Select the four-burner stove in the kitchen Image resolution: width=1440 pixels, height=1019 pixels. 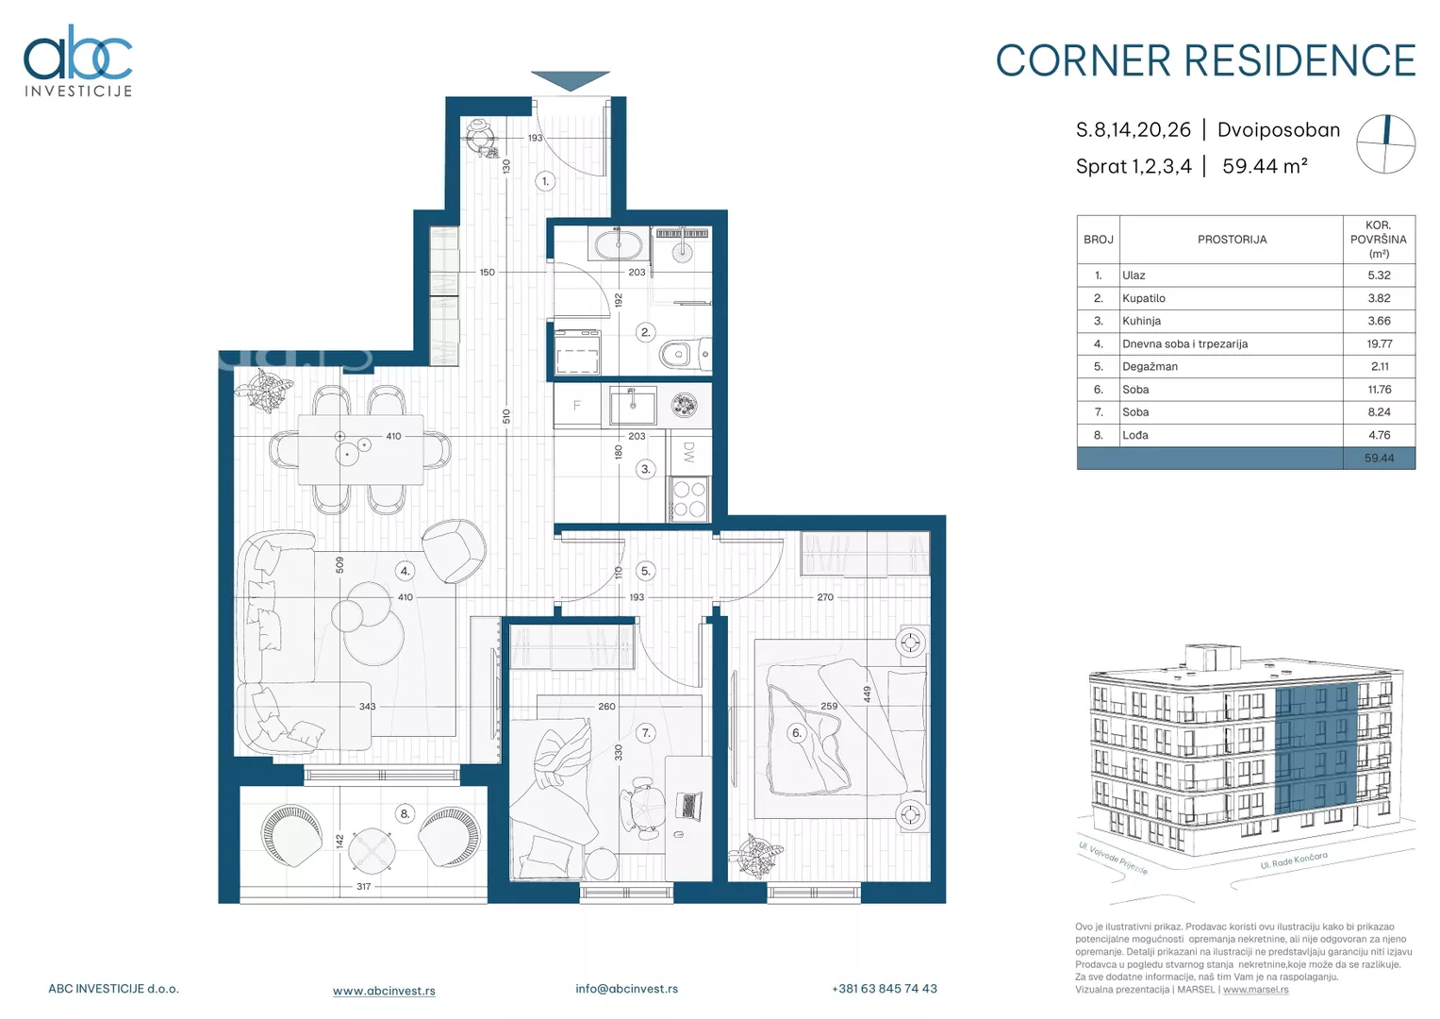(x=688, y=499)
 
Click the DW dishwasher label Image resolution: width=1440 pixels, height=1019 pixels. (x=689, y=452)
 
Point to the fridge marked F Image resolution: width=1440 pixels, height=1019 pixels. (x=577, y=406)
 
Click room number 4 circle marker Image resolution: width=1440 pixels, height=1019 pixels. (x=405, y=571)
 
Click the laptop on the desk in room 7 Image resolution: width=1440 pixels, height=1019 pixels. (x=688, y=806)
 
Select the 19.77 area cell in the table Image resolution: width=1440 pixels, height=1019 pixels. (x=1379, y=343)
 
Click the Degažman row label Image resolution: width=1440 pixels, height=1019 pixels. (x=1150, y=367)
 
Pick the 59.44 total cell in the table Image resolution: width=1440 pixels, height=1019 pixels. (x=1379, y=458)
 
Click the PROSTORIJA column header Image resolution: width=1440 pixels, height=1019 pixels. (x=1232, y=240)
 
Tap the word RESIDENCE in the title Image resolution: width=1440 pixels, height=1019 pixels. (x=1299, y=61)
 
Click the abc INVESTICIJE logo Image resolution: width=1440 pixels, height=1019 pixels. (x=78, y=60)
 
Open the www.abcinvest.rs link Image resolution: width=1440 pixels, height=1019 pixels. (x=384, y=991)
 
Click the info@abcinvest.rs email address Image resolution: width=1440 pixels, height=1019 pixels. (x=627, y=989)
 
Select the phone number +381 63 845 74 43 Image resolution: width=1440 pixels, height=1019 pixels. (x=885, y=989)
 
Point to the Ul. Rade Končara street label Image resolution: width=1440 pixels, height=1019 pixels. (x=1294, y=860)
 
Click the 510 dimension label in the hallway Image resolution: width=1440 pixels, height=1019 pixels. (x=506, y=416)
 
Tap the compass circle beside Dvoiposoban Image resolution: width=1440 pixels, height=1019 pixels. (x=1386, y=144)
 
